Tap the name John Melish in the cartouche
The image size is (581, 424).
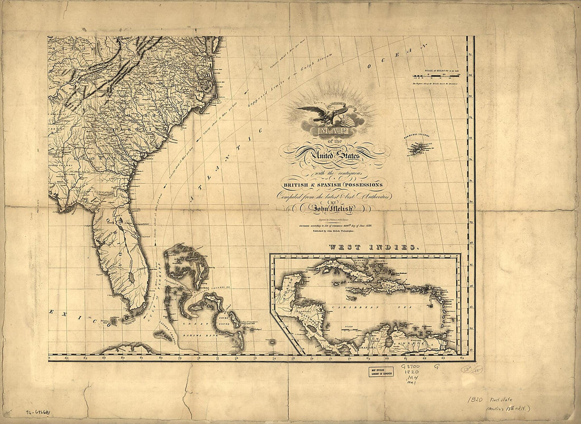pos(333,208)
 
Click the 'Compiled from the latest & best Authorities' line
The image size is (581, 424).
pos(333,196)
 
